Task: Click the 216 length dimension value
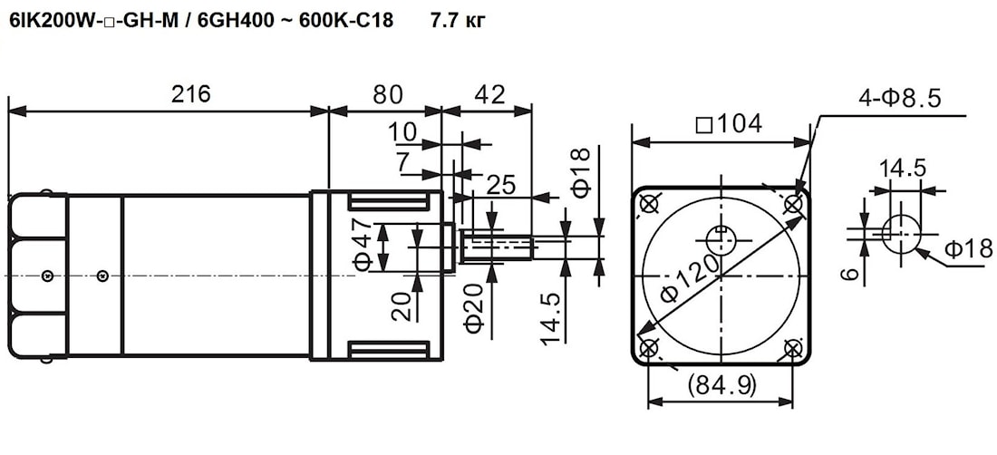pyautogui.click(x=190, y=94)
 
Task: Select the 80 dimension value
pyautogui.click(x=388, y=94)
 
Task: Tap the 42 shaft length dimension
pyautogui.click(x=490, y=94)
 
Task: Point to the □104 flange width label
pyautogui.click(x=729, y=124)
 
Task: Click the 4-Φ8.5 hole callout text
pyautogui.click(x=900, y=99)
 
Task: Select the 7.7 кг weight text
pyautogui.click(x=458, y=22)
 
